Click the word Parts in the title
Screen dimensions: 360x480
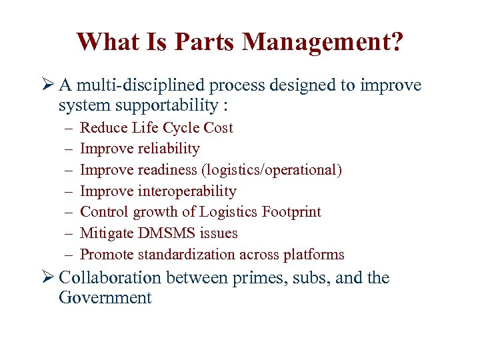[x=205, y=41]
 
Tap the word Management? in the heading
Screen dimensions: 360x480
[x=323, y=41]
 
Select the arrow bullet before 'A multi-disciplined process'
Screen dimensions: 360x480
[x=48, y=85]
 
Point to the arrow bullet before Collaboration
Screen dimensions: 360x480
[x=48, y=277]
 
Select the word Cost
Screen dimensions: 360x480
[x=219, y=128]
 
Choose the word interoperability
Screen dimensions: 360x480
[x=187, y=191]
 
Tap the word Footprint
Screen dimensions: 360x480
[x=292, y=212]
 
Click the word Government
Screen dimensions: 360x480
[x=105, y=297]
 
